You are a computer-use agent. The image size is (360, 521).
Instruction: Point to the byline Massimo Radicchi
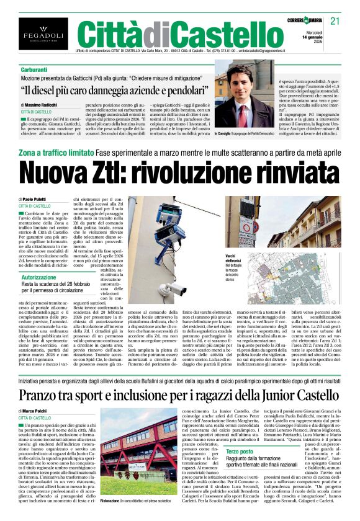(48, 106)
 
